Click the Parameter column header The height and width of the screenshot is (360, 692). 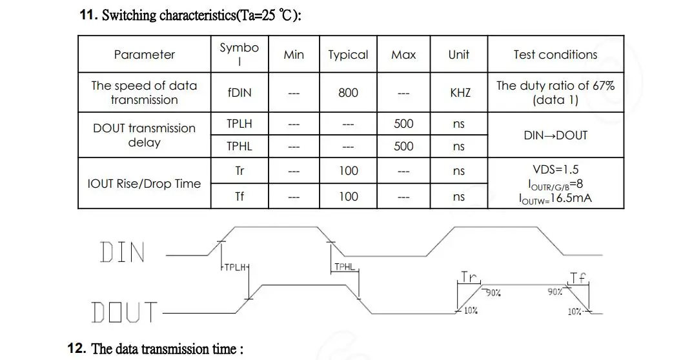pyautogui.click(x=144, y=55)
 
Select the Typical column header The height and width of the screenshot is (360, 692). pyautogui.click(x=348, y=55)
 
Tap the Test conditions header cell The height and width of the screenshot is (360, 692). pyautogui.click(x=555, y=55)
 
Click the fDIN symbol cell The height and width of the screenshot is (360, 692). pyautogui.click(x=239, y=92)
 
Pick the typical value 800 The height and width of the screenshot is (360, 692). pyautogui.click(x=348, y=92)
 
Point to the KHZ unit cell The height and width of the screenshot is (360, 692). pyautogui.click(x=460, y=92)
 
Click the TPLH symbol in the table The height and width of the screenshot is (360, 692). pyautogui.click(x=239, y=124)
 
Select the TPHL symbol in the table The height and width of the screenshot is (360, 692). pyautogui.click(x=239, y=146)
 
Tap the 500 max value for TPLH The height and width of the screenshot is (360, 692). pyautogui.click(x=403, y=124)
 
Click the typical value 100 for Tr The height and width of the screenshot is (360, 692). pyautogui.click(x=348, y=171)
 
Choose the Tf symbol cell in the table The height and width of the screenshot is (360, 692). pyautogui.click(x=239, y=196)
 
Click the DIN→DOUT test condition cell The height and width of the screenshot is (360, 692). pyautogui.click(x=555, y=135)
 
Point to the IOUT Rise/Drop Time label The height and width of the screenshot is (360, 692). pyautogui.click(x=144, y=184)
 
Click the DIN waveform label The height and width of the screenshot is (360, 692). pyautogui.click(x=123, y=252)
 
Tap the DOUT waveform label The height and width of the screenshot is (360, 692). pyautogui.click(x=124, y=312)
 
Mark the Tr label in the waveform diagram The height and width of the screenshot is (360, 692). pyautogui.click(x=469, y=277)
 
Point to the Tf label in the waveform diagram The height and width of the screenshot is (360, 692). pyautogui.click(x=578, y=278)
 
